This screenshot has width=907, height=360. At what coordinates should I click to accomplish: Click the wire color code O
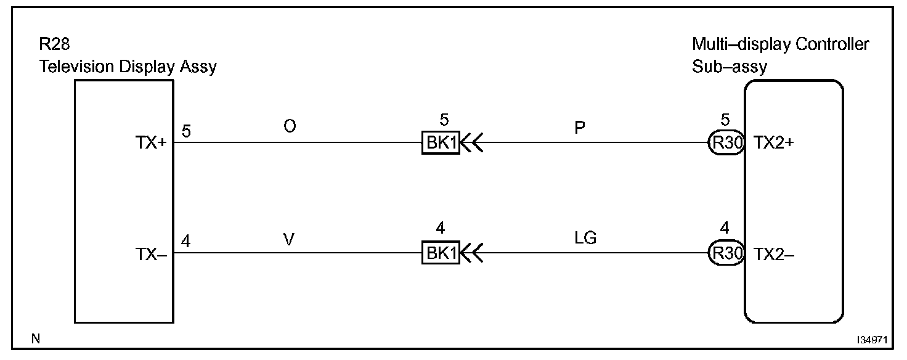pos(290,126)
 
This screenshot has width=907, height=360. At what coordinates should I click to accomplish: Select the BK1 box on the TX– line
pos(441,254)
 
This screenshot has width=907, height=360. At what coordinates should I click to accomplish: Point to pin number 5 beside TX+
pos(186,131)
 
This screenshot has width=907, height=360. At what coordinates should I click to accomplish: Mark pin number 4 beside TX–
pos(186,242)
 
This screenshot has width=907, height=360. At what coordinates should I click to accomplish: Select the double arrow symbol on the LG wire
pos(472,254)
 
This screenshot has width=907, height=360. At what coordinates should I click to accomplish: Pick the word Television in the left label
pos(77,67)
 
